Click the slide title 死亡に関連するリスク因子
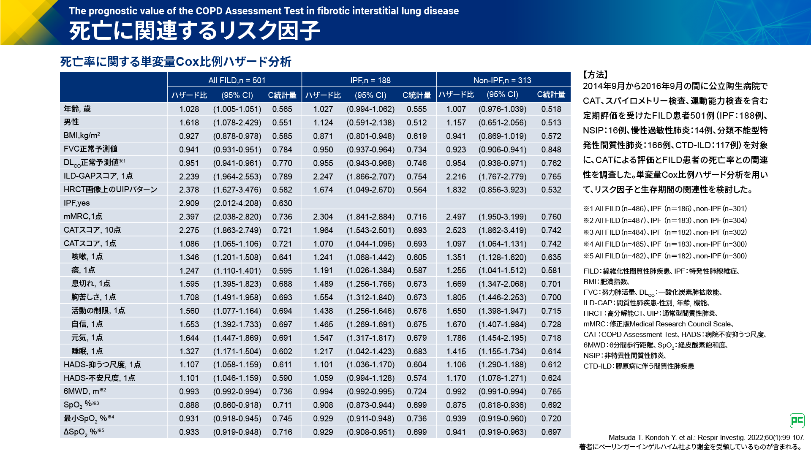(x=195, y=31)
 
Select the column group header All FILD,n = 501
(x=237, y=80)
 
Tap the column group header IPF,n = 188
(x=370, y=80)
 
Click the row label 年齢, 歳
(x=77, y=109)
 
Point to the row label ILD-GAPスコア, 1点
(x=98, y=176)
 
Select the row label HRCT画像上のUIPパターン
(x=110, y=190)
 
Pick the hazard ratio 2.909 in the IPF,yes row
(x=189, y=203)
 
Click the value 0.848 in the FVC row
(x=551, y=149)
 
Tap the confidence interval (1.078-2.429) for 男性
(x=237, y=122)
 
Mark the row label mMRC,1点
(x=83, y=217)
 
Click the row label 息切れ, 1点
(x=91, y=284)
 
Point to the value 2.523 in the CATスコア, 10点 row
(x=456, y=230)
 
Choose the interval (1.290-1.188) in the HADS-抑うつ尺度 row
(x=502, y=365)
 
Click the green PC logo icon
(x=797, y=421)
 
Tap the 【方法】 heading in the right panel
(x=596, y=75)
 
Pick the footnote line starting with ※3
(x=665, y=232)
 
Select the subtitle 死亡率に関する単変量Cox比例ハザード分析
(x=176, y=62)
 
